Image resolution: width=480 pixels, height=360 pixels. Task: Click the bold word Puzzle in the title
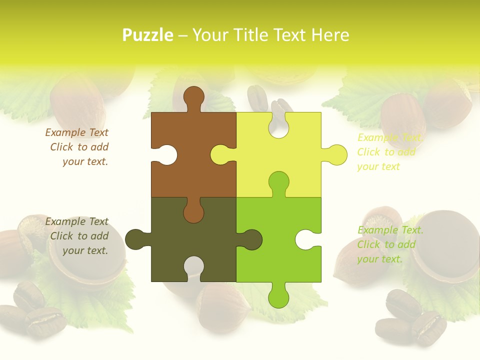pos(148,35)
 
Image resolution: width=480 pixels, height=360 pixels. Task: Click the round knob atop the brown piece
pos(194,96)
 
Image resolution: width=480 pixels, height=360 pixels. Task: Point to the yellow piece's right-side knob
pos(336,154)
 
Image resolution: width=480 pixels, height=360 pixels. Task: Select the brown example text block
pos(77,147)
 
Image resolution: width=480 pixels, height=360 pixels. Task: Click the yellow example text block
pos(390,152)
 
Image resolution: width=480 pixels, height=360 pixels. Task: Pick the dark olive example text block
pos(77,236)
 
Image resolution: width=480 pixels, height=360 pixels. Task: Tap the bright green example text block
pos(390,244)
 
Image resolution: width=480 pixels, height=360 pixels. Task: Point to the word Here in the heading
pos(329,35)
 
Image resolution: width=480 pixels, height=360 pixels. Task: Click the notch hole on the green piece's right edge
pos(306,239)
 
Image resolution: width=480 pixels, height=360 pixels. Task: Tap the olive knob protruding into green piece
pos(251,239)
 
